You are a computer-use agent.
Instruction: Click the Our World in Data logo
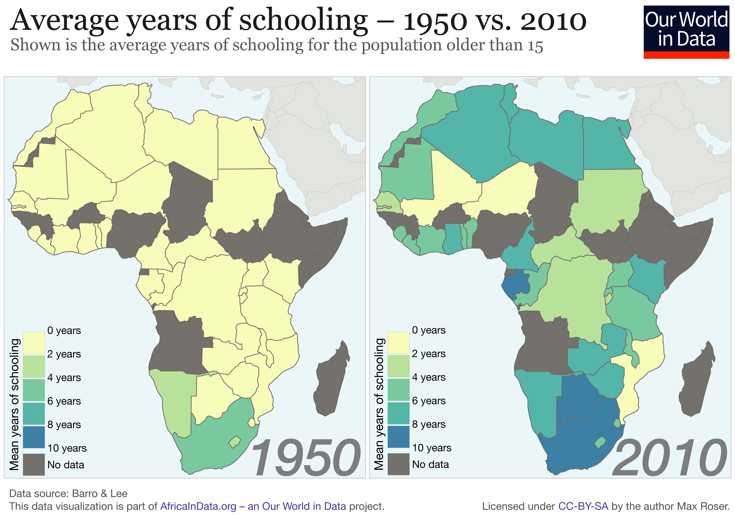point(686,31)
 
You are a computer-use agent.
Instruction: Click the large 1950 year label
point(306,458)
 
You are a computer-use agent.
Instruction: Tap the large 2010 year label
point(669,458)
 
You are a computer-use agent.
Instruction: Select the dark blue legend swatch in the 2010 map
point(398,437)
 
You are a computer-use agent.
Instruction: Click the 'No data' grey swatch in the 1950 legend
point(34,464)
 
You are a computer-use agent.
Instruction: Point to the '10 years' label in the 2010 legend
point(431,448)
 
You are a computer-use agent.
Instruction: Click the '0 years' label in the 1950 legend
point(64,330)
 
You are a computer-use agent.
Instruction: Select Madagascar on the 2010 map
point(697,381)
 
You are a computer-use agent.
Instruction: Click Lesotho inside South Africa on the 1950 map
point(235,442)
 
